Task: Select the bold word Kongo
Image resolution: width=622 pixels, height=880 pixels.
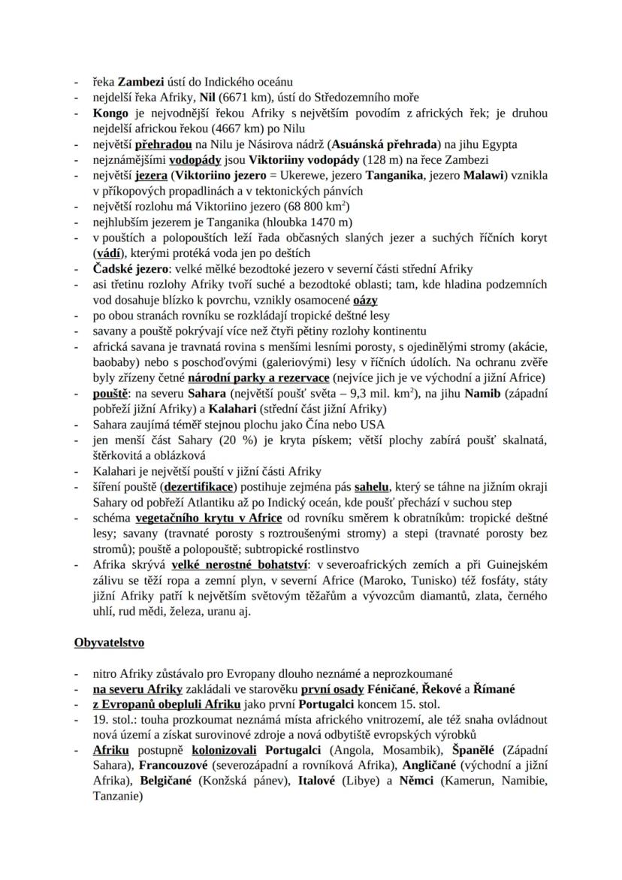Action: pyautogui.click(x=110, y=113)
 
